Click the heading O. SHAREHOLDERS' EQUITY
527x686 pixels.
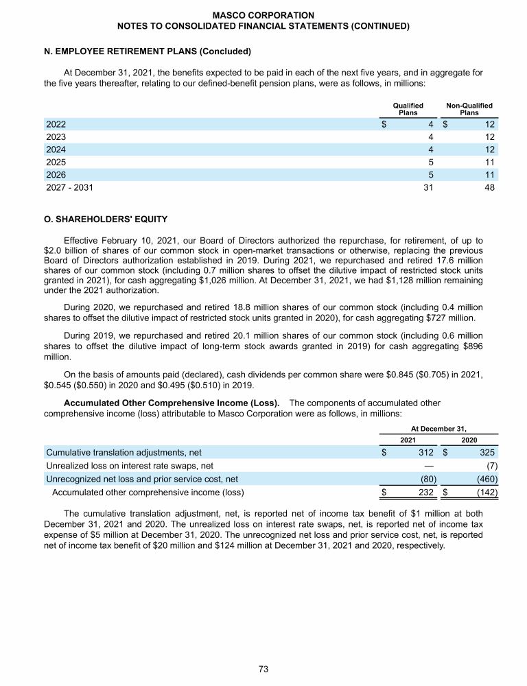105,220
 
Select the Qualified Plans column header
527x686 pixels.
408,109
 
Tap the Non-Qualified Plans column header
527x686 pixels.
469,109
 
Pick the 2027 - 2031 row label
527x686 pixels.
69,187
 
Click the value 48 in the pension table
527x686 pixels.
489,187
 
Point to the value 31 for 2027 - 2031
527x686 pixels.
428,187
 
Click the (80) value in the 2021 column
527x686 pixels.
426,478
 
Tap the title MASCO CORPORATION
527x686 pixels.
263,14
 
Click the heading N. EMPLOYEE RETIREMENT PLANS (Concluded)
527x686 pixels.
148,51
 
